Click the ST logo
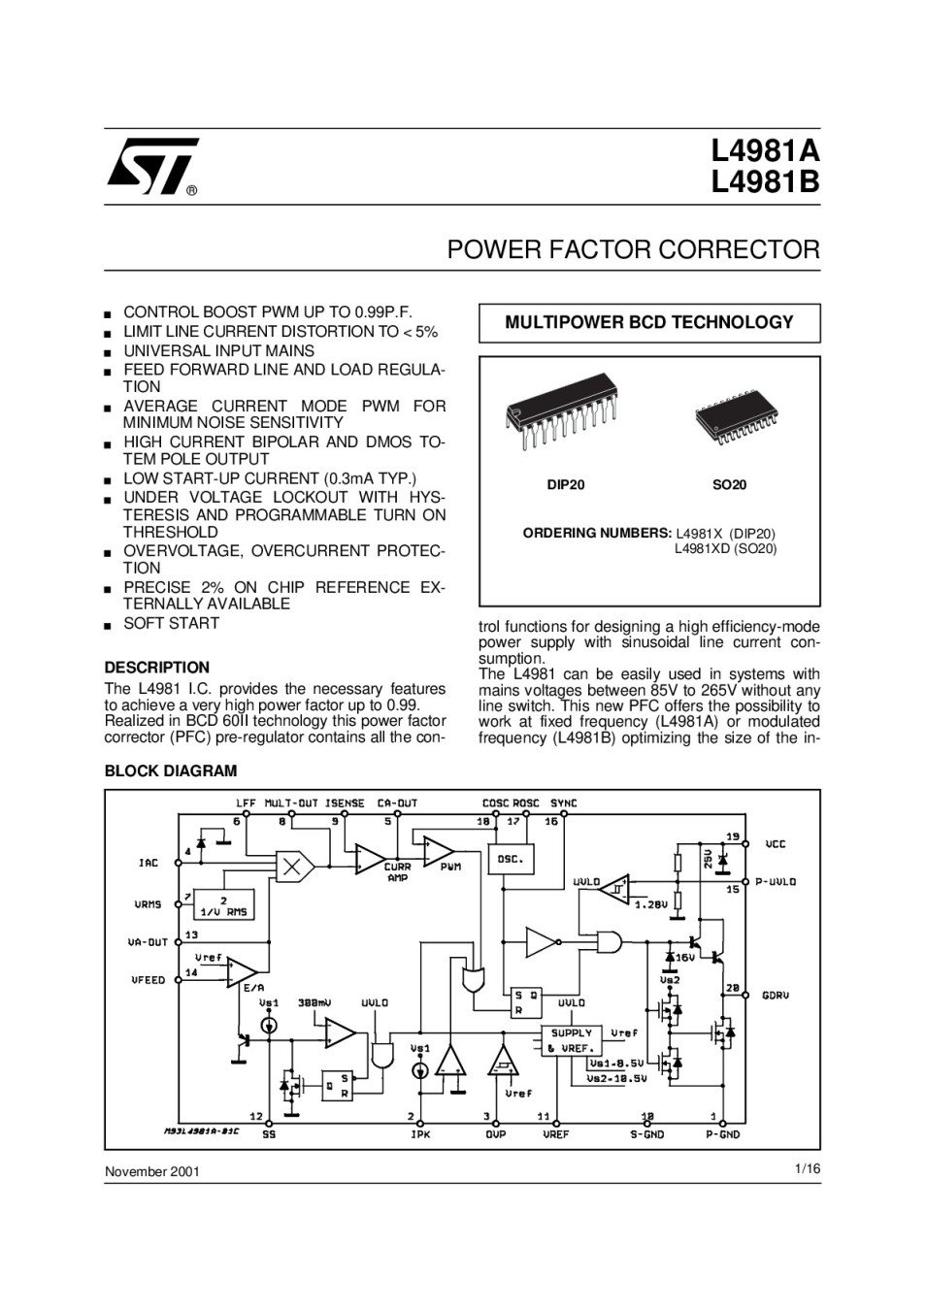152,166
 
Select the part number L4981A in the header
765,151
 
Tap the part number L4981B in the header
765,182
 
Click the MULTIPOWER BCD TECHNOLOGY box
649,323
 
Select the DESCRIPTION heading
157,668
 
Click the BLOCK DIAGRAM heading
171,770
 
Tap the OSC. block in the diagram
511,859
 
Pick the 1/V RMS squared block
224,904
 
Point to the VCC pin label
776,844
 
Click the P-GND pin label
722,1134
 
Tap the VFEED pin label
149,980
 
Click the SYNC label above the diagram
563,803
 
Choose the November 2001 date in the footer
152,1172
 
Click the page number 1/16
808,1169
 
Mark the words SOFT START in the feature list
172,623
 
